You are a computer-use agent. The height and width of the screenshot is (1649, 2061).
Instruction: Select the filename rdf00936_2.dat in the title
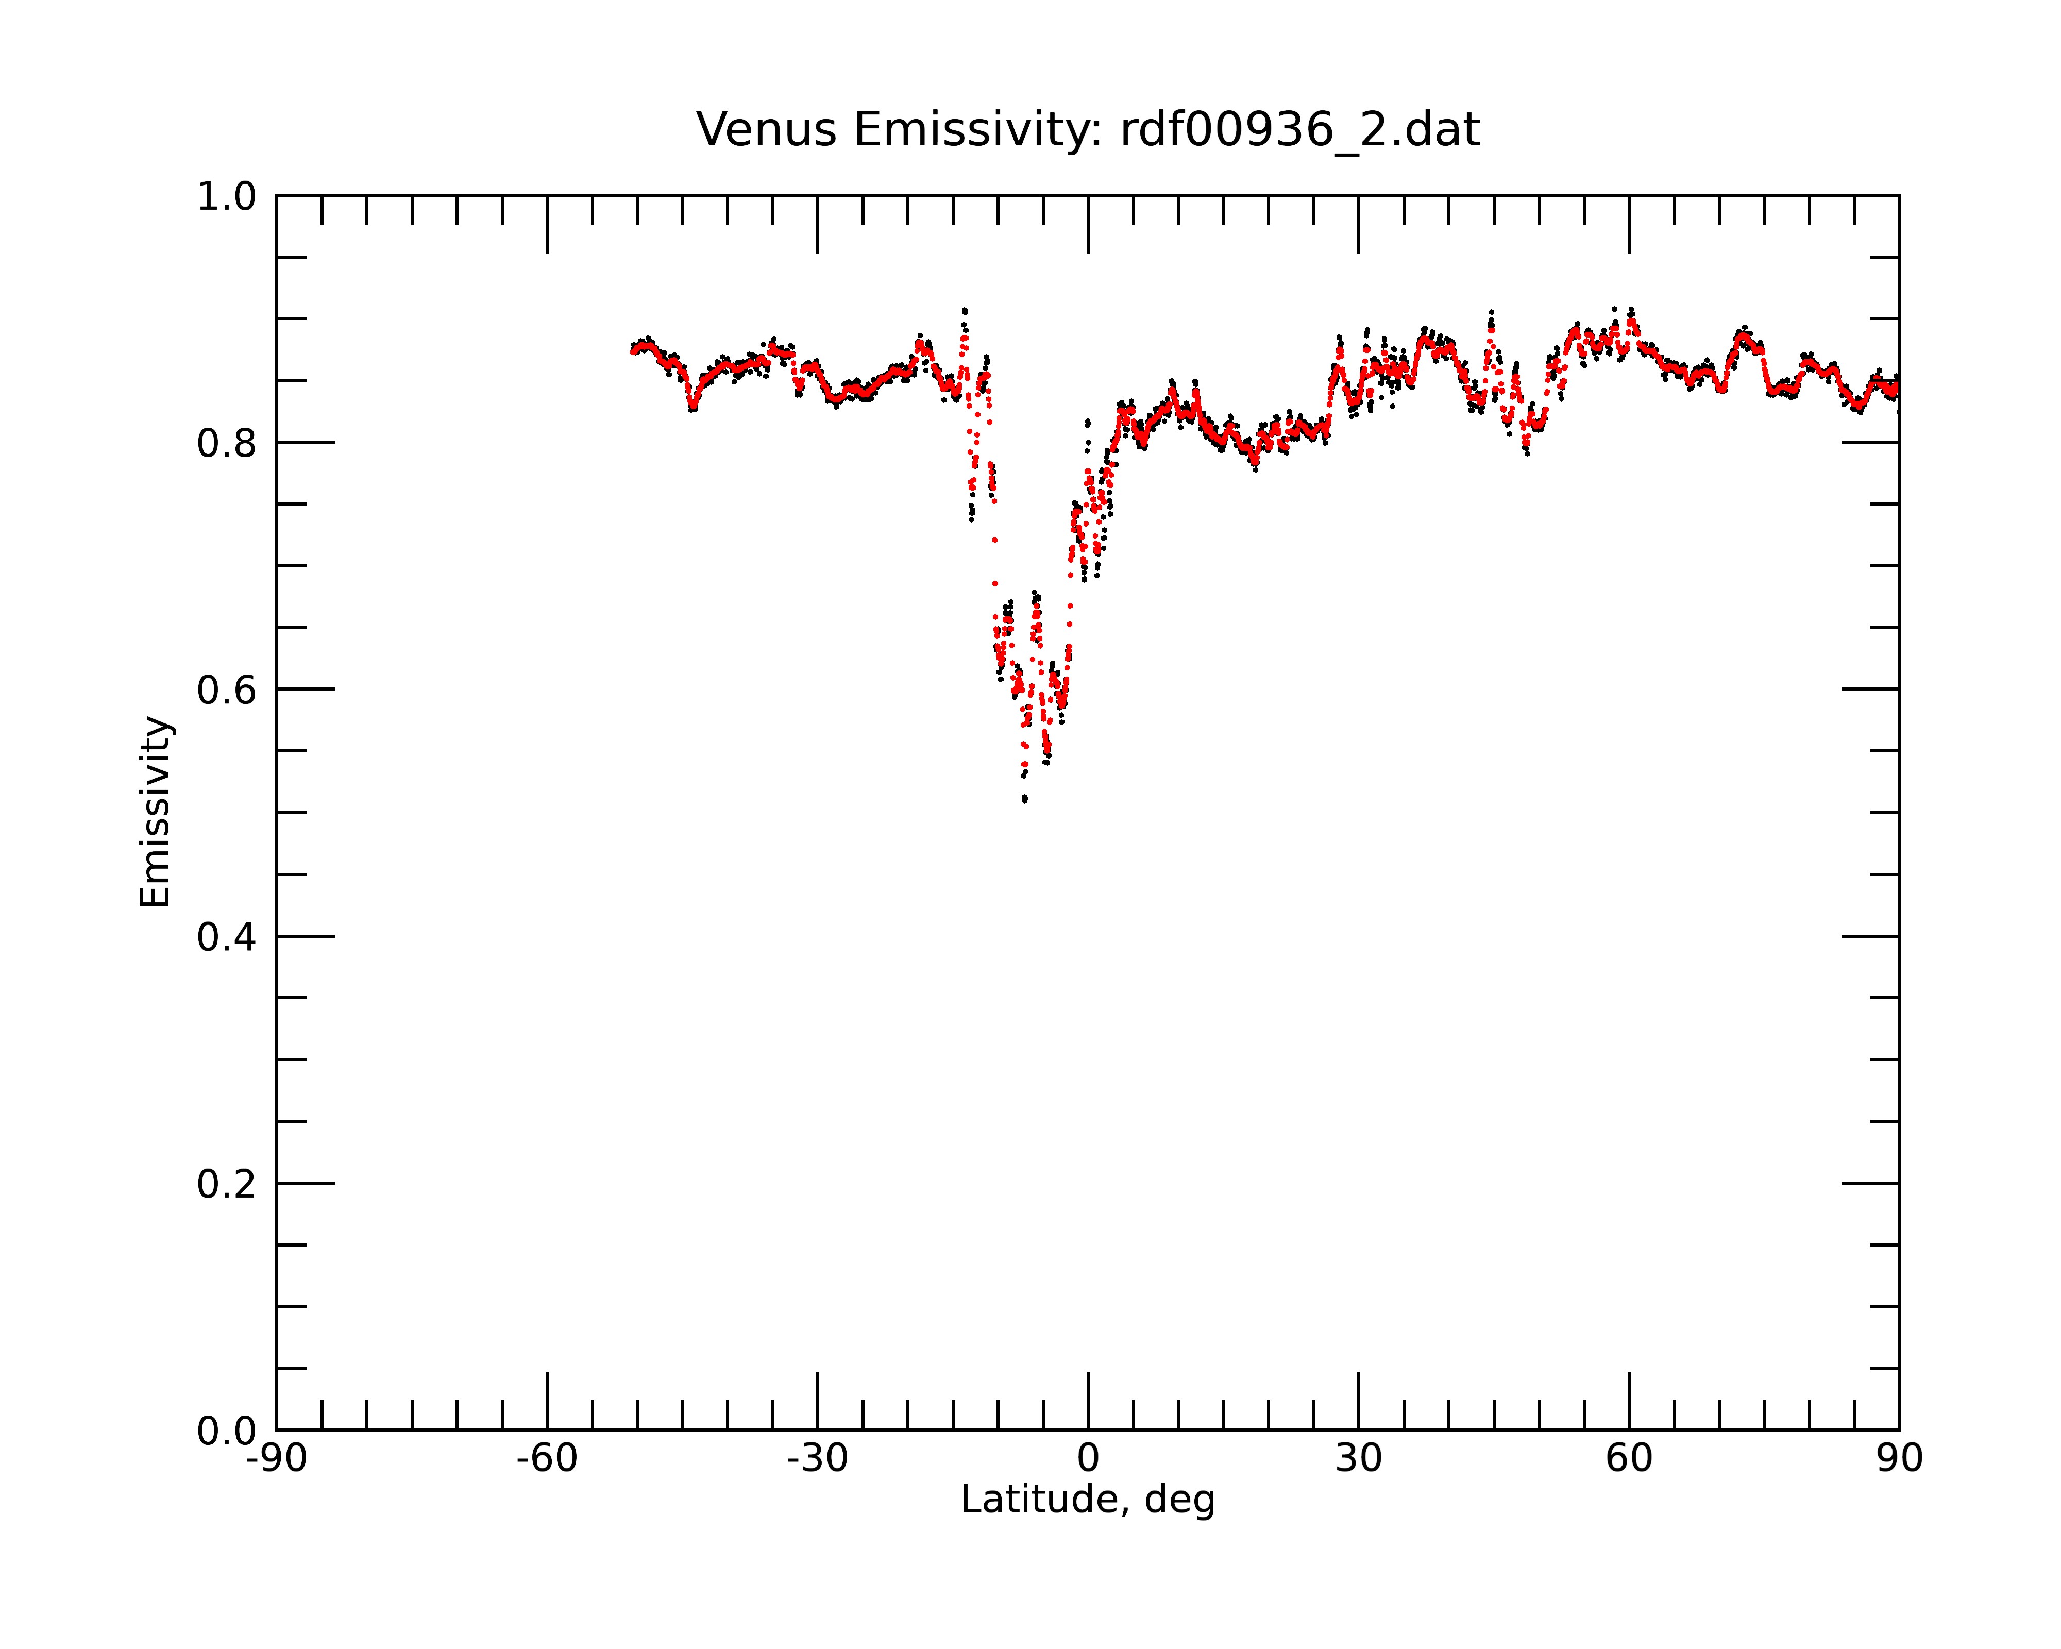click(1300, 130)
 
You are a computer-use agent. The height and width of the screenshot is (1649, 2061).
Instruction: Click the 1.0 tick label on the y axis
click(227, 197)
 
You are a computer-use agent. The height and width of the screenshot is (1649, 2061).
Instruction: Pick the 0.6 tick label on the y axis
click(227, 690)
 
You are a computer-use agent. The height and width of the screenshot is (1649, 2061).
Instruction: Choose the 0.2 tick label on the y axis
click(227, 1184)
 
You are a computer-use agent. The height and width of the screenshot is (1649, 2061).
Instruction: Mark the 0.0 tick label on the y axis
click(227, 1431)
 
